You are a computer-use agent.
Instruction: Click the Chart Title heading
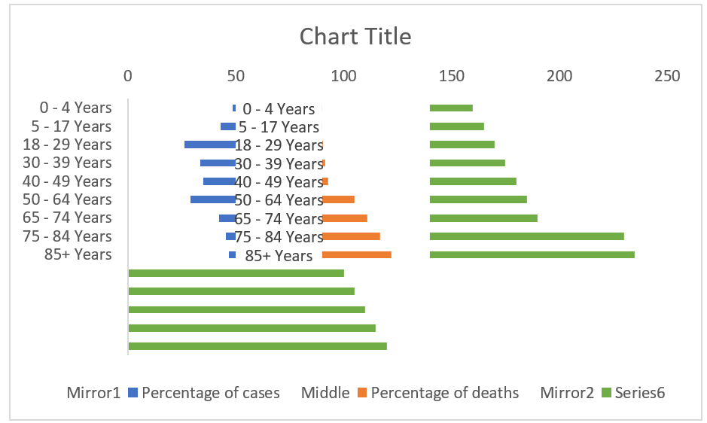coord(355,36)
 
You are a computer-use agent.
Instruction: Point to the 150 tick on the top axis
coord(452,76)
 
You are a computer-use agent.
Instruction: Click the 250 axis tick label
coord(667,76)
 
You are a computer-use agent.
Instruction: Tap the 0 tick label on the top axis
coord(128,76)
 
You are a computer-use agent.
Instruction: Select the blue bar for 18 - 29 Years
coord(210,145)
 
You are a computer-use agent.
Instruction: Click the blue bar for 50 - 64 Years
coord(213,199)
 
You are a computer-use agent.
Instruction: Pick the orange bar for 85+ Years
coord(357,254)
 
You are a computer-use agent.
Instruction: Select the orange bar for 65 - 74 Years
coord(345,218)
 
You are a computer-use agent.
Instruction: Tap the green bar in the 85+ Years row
coord(532,254)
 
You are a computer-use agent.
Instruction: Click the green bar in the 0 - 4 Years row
coord(451,108)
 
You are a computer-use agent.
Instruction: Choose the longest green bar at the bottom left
coord(258,346)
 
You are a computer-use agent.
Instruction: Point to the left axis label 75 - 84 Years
coord(67,236)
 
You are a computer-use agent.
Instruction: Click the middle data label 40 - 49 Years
coord(279,182)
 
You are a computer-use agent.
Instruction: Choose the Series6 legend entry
coord(632,392)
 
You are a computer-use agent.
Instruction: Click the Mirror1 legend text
coord(93,392)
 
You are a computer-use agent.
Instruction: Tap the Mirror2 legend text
coord(567,392)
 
